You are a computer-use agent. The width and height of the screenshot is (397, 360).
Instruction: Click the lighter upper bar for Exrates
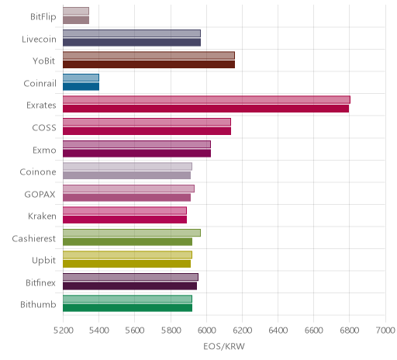(x=206, y=100)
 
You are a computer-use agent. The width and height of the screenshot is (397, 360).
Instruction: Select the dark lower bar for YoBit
(x=149, y=64)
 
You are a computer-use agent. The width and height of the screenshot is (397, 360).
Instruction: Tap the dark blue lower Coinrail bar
(x=81, y=87)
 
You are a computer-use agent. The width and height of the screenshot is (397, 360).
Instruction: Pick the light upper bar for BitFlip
(x=76, y=11)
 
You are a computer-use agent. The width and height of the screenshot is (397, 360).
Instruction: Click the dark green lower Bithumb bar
(x=127, y=308)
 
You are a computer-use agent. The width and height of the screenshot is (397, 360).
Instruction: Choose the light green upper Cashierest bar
(x=132, y=233)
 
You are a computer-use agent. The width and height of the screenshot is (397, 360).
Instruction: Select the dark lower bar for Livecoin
(x=132, y=42)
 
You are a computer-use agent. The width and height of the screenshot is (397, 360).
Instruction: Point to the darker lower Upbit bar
(x=126, y=264)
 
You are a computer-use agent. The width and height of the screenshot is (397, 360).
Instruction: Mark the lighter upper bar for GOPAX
(x=129, y=189)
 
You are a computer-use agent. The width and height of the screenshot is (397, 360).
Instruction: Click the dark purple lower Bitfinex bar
(x=129, y=286)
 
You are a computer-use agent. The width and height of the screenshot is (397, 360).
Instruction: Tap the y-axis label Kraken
(x=42, y=216)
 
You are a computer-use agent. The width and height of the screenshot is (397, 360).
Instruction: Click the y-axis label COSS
(x=44, y=127)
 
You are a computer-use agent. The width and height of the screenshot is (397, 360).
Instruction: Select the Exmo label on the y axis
(x=44, y=150)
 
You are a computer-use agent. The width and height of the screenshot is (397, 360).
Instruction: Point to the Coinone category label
(x=38, y=172)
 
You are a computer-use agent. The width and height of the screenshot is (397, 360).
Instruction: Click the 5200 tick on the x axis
(x=64, y=331)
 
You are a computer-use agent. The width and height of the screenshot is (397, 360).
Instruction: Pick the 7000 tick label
(x=385, y=331)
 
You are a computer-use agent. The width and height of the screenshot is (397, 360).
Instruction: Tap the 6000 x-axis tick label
(x=206, y=331)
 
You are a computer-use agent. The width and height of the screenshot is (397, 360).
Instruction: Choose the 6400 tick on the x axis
(x=278, y=331)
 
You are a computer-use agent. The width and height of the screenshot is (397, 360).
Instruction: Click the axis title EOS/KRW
(x=224, y=347)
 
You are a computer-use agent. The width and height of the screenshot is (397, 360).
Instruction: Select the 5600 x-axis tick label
(x=135, y=331)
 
